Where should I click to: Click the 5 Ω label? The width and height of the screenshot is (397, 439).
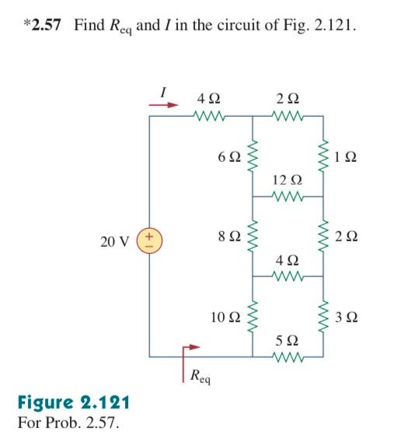[287, 341]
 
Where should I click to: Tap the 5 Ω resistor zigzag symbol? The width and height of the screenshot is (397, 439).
[287, 359]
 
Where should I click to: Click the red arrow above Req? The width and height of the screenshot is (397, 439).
[192, 348]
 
